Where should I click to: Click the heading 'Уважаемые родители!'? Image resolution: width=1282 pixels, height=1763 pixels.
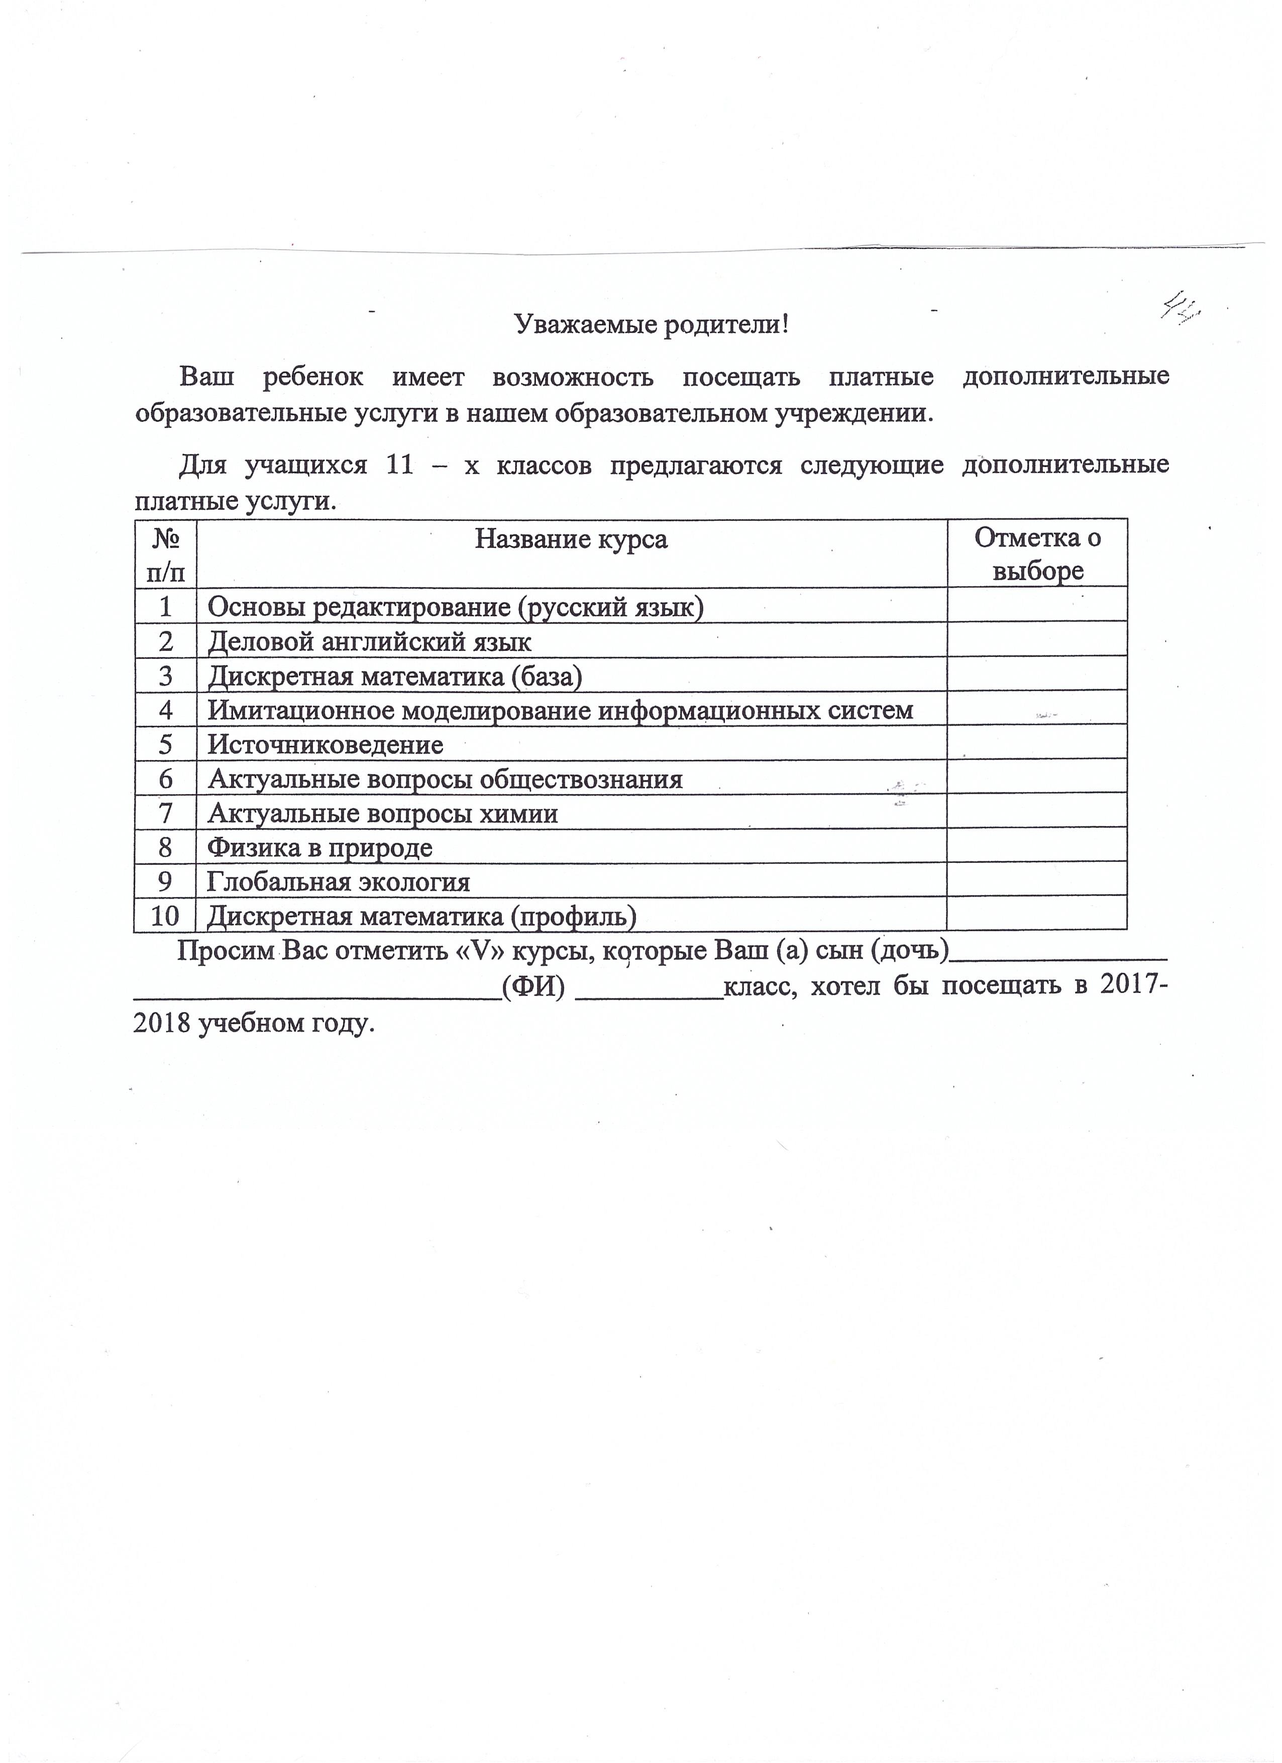tap(652, 324)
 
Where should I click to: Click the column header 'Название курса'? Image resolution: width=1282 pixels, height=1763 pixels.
tap(571, 538)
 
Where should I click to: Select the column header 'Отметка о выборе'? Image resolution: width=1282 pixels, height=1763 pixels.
tap(1037, 554)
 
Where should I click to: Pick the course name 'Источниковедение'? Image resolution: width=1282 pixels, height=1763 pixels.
tap(325, 745)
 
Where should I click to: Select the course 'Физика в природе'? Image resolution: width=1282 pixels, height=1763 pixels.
tap(319, 847)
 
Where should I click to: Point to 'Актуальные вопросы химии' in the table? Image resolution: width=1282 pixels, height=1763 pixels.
tap(382, 814)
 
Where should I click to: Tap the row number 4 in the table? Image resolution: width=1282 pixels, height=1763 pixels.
tap(165, 711)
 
